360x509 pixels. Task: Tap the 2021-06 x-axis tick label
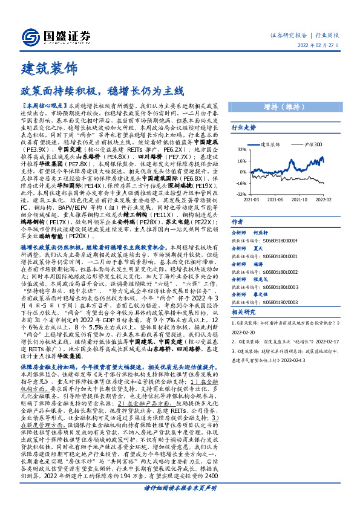pyautogui.click(x=275, y=199)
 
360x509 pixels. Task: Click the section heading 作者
pyautogui.click(x=238, y=222)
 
